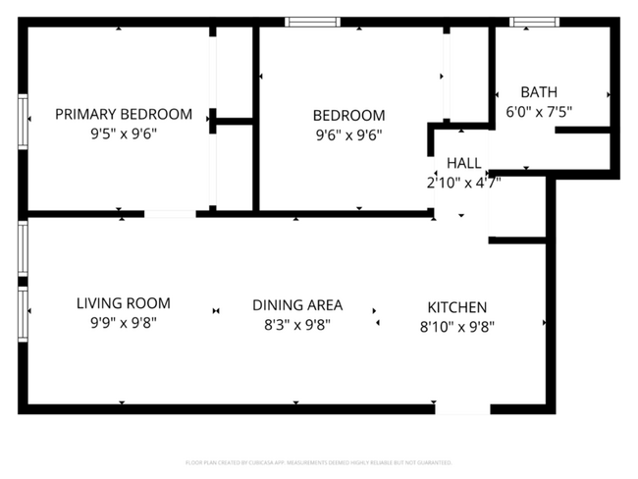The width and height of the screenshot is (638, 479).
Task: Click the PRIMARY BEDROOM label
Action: click(123, 114)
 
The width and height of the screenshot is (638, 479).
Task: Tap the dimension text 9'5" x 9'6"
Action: click(123, 135)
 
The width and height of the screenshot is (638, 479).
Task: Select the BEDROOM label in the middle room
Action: click(348, 115)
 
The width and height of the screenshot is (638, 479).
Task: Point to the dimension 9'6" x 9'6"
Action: click(348, 135)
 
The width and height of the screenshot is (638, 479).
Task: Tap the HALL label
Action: click(463, 162)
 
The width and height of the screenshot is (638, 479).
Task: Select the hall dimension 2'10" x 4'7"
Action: click(463, 182)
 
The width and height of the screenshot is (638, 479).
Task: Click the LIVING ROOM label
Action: click(123, 303)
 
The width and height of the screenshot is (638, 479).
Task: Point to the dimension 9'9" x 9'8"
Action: click(123, 323)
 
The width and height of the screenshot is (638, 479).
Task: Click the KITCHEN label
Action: click(456, 306)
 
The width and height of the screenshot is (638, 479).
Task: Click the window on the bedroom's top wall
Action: click(312, 22)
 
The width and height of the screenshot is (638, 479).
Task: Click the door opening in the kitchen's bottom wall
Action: click(462, 407)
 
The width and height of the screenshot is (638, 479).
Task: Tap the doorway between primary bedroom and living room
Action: click(170, 213)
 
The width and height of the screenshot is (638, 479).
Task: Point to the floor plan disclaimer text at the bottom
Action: click(319, 461)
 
